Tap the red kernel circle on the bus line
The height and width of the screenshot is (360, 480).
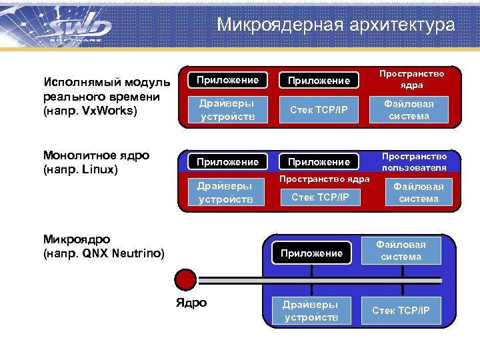[185, 278]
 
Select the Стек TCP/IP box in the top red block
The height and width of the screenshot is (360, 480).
[319, 110]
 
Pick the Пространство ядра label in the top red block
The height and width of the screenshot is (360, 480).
[411, 80]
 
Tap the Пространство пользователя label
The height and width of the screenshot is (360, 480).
[414, 161]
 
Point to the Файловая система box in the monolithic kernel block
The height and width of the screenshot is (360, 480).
[415, 193]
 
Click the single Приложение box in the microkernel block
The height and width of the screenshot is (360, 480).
[311, 253]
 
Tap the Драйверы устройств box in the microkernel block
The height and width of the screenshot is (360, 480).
[311, 311]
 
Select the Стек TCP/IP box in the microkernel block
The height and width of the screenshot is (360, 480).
[401, 311]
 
